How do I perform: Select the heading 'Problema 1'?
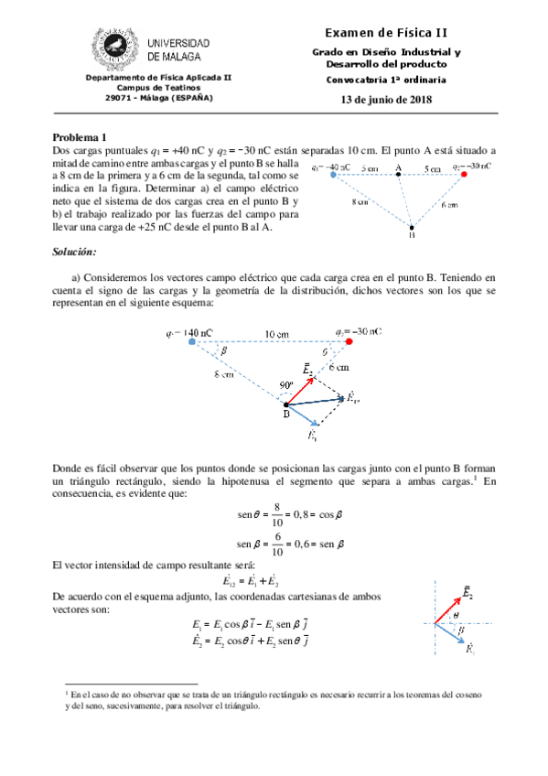tap(81, 136)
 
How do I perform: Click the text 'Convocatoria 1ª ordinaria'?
tap(386, 81)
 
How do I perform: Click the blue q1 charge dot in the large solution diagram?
tap(191, 342)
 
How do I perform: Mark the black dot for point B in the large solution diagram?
tap(286, 404)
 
